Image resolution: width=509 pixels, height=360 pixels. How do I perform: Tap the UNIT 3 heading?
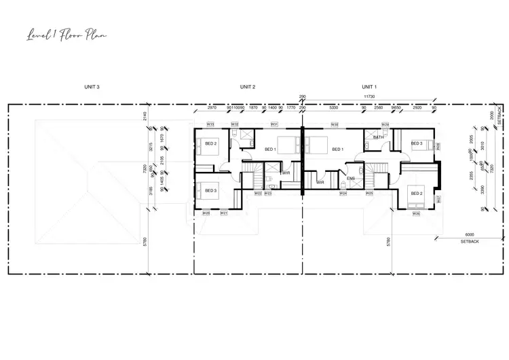[x=92, y=87]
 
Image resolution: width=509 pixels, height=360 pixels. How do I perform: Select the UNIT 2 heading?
[x=247, y=87]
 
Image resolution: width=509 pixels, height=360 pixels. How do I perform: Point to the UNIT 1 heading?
[x=369, y=87]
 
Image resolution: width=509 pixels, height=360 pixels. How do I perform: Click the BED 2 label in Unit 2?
[x=210, y=143]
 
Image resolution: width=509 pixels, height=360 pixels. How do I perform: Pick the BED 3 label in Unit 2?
[x=210, y=190]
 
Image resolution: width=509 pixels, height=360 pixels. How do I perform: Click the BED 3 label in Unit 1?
[x=417, y=143]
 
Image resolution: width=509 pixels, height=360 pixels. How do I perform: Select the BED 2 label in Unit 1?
[x=417, y=193]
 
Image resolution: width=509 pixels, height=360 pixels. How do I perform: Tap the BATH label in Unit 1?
[x=378, y=137]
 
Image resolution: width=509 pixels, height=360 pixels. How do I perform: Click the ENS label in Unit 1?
[x=351, y=179]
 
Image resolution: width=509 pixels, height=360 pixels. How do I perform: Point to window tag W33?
[x=210, y=124]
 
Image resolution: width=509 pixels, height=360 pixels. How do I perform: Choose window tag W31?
[x=274, y=124]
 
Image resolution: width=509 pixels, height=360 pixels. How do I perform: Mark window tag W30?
[x=335, y=124]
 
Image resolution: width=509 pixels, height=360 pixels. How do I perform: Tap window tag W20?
[x=206, y=213]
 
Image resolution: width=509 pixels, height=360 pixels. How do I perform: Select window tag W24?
[x=343, y=194]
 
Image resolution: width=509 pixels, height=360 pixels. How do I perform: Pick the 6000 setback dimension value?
[x=470, y=235]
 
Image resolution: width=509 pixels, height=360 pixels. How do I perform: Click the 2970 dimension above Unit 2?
[x=212, y=107]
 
